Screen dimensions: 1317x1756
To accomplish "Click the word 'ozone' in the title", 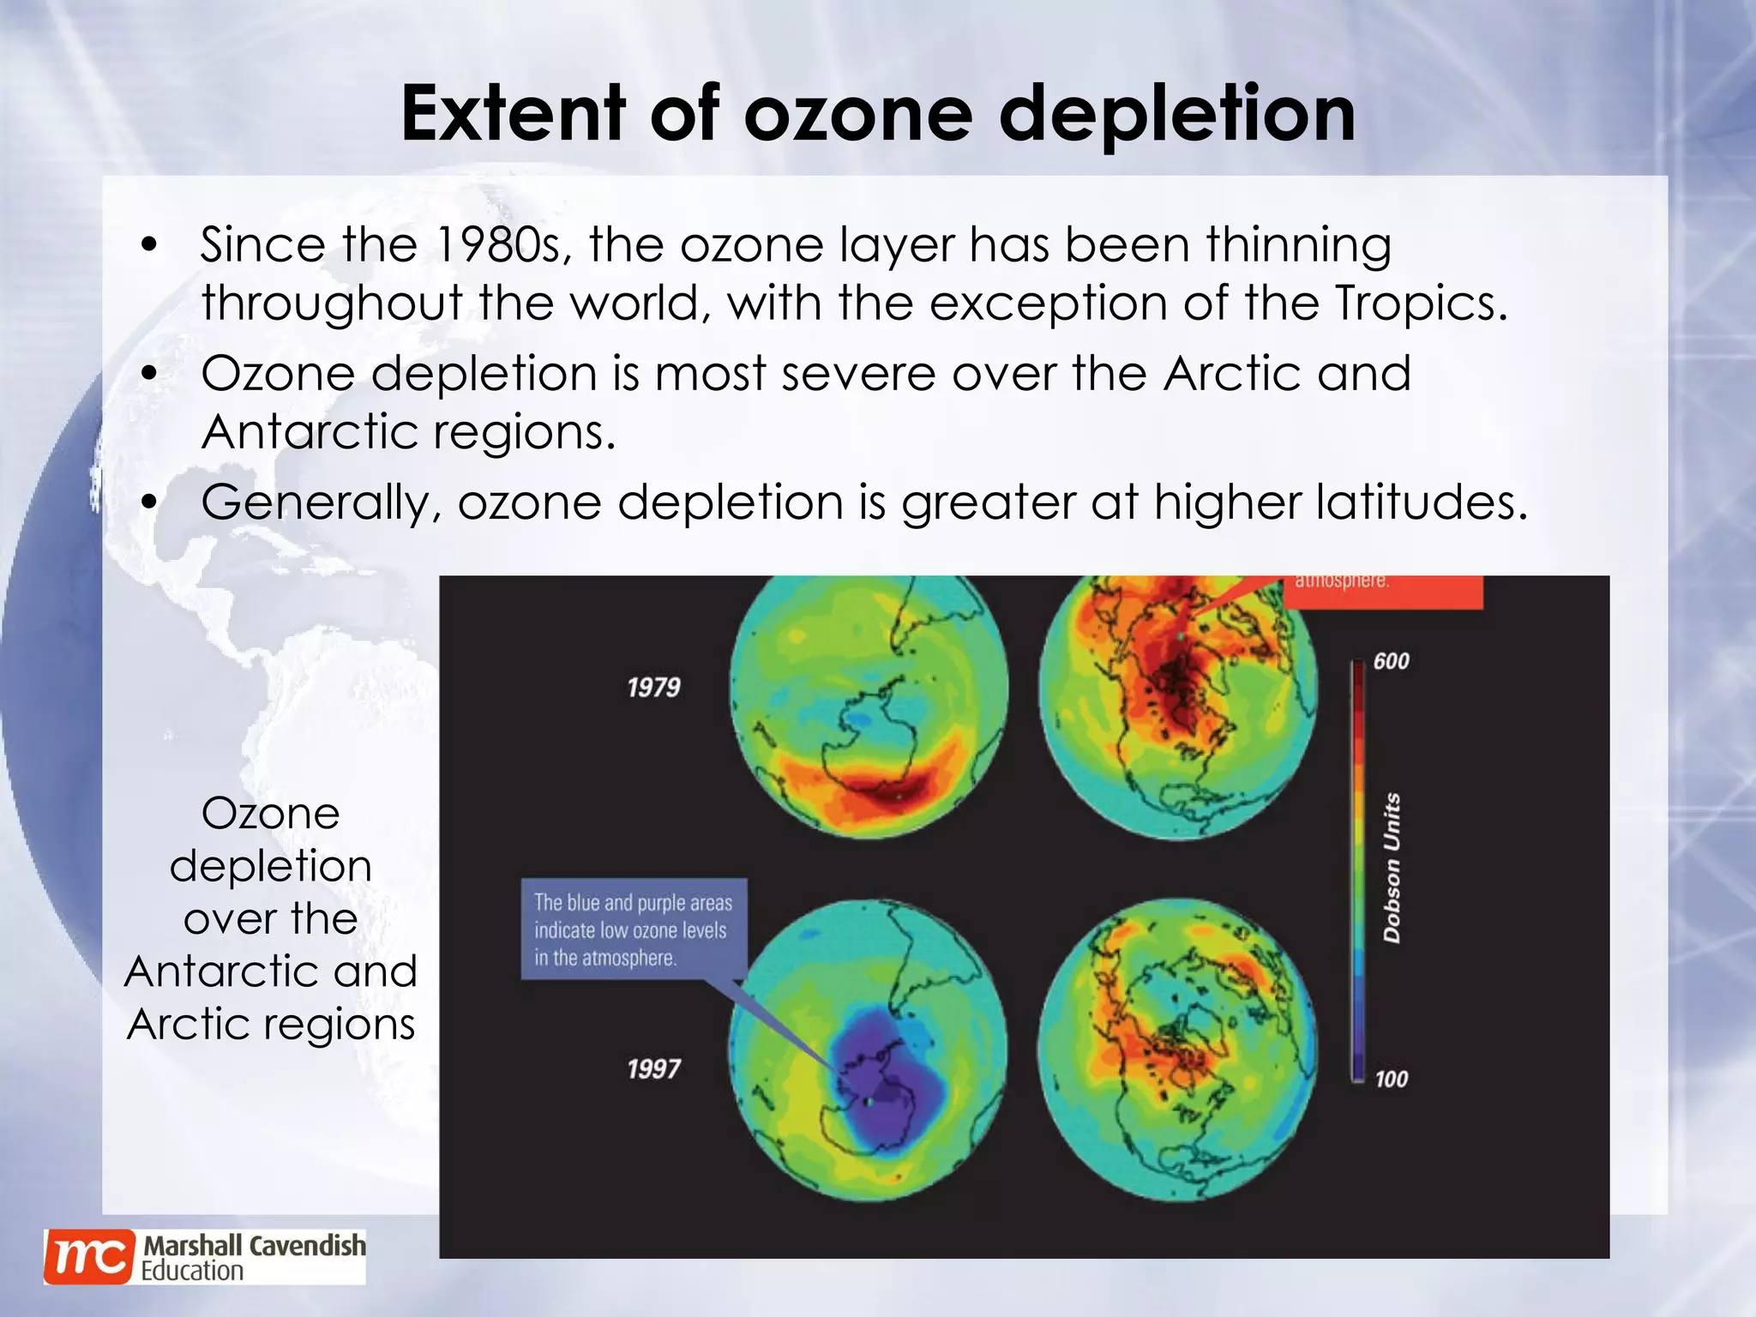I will (x=857, y=115).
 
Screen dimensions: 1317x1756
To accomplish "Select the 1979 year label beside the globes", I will (x=653, y=688).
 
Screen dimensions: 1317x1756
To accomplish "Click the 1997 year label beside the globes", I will (x=653, y=1069).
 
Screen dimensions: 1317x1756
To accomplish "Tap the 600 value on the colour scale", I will (x=1391, y=661).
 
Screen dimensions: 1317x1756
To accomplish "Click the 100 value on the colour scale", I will (x=1391, y=1079).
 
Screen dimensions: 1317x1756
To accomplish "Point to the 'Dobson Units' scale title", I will (x=1392, y=868).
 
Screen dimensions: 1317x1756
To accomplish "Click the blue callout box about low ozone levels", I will (x=633, y=929).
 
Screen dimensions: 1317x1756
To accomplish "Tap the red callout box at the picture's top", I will (x=1382, y=592).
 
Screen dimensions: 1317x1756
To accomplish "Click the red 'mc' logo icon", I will (x=89, y=1257).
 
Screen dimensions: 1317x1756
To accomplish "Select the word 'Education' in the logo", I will (x=192, y=1271).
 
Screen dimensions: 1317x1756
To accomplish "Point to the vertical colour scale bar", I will (x=1358, y=870).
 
